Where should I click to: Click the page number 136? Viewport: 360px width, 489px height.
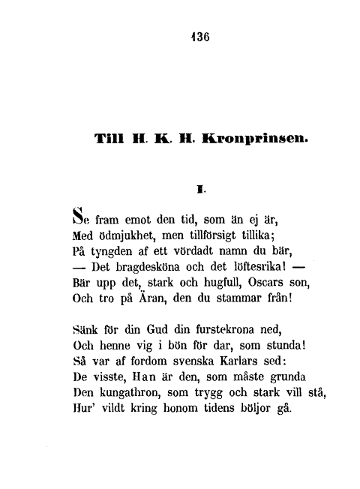click(200, 42)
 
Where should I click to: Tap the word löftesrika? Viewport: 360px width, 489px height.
click(248, 267)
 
